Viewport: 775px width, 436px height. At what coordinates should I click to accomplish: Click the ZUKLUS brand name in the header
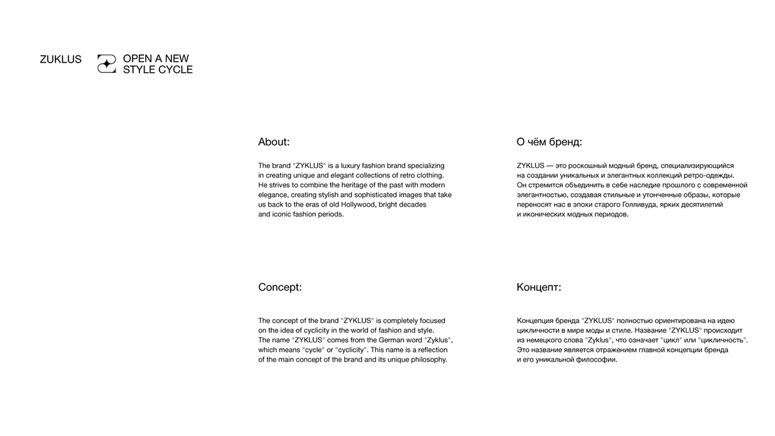(x=61, y=59)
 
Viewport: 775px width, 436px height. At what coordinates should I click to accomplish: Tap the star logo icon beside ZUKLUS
(x=107, y=63)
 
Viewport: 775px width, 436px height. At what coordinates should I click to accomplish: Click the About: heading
(x=274, y=142)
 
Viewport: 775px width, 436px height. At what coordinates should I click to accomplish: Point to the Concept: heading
(x=280, y=287)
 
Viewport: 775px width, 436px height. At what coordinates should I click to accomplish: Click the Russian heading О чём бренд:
(x=549, y=142)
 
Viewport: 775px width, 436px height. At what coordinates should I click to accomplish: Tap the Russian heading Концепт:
(x=539, y=287)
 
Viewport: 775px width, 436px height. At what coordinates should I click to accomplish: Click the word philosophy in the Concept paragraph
(x=424, y=360)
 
